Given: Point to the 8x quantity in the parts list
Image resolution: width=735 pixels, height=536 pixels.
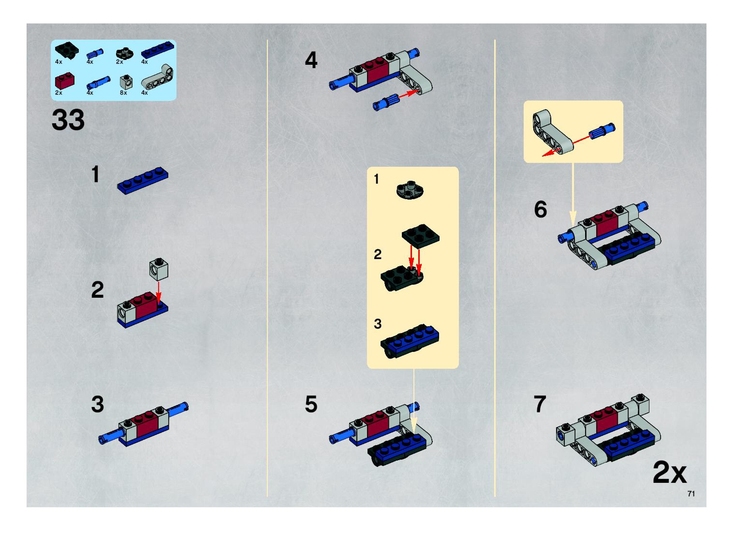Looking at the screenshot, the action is (x=123, y=93).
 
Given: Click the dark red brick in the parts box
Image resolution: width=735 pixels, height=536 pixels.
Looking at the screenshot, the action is (x=65, y=82).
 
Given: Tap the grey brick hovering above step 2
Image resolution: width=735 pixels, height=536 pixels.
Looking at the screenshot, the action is (x=159, y=269).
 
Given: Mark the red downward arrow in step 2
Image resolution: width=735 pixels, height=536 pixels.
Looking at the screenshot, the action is (x=158, y=293).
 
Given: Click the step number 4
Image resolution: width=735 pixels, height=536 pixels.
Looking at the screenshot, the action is (x=311, y=61).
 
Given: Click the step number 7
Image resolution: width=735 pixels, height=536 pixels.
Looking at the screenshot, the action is (x=540, y=404).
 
